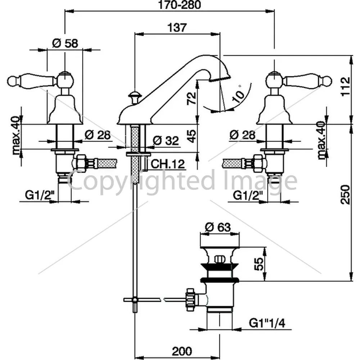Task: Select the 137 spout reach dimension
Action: point(177,28)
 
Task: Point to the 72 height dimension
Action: point(191,98)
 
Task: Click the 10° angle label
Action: point(238,94)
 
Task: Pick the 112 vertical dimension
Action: point(345,86)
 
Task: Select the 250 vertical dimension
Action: point(345,194)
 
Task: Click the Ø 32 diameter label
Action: point(166,140)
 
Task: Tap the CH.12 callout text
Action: point(168,164)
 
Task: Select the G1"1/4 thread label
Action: point(267,323)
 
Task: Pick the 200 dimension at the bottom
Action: point(182,351)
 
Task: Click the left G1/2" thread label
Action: point(40,195)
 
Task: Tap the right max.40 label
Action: point(321,140)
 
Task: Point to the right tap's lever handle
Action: point(308,80)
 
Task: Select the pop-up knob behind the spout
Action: point(135,97)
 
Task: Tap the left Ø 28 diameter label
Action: point(97,135)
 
